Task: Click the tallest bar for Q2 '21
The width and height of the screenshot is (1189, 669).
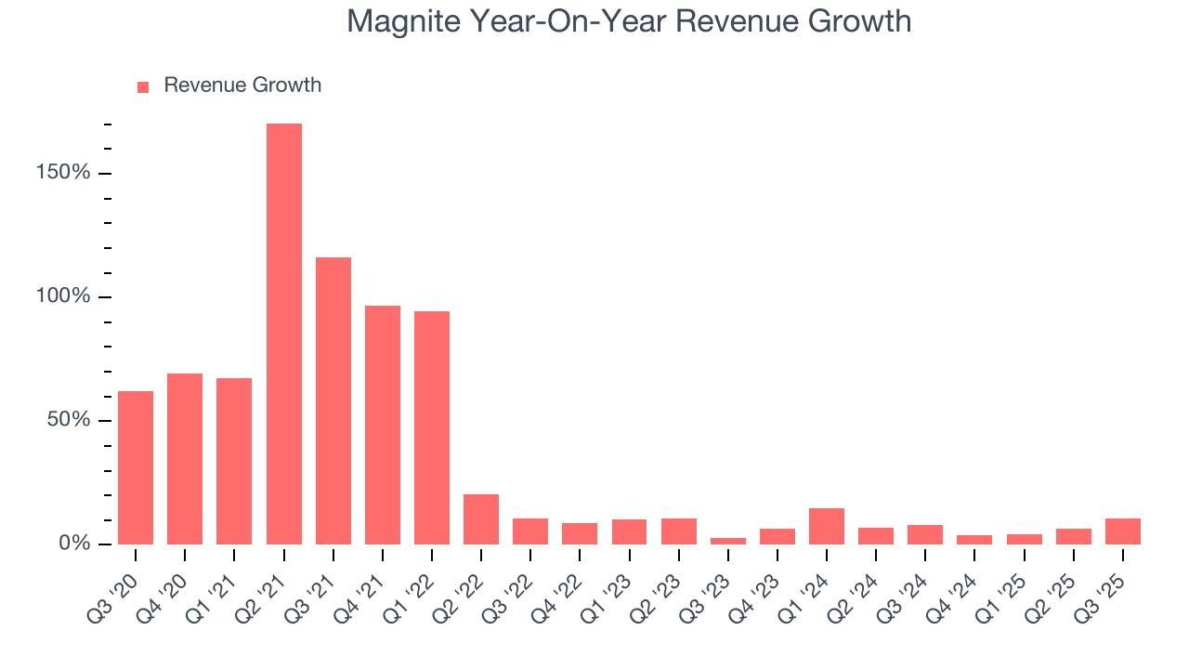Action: pos(283,334)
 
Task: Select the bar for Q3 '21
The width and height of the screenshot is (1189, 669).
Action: pos(333,400)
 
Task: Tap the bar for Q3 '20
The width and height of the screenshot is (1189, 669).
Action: pos(136,467)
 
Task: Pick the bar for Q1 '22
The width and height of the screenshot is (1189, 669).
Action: pos(432,427)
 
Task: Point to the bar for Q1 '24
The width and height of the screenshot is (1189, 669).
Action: pos(827,526)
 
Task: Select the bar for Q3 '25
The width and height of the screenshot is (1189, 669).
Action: pos(1123,531)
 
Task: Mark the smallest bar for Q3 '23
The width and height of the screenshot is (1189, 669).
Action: pos(727,541)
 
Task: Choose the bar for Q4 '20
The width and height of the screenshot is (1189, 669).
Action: pos(185,459)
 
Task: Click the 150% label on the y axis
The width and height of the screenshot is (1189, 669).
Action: pos(62,174)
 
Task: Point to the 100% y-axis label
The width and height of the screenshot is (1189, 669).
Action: pos(62,297)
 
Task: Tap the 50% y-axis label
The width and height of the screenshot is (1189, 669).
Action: pos(68,420)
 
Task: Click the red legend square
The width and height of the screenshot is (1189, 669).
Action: pos(143,86)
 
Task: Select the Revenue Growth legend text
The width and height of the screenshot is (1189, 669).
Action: pos(242,85)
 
